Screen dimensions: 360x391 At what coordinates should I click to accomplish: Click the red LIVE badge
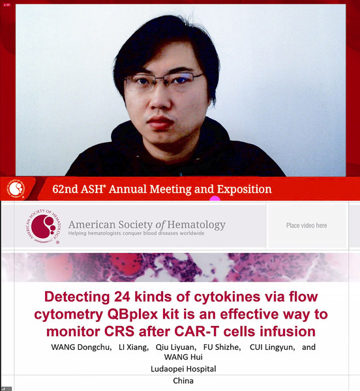7,5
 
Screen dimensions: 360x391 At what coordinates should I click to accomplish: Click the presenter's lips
160,123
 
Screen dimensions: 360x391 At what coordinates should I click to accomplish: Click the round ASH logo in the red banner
16,189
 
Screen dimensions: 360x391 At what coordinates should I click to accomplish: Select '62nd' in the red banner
65,189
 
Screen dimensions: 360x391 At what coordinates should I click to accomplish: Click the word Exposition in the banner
245,189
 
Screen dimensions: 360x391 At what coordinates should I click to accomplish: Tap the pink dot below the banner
215,199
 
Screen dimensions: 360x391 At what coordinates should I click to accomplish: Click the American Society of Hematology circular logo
44,226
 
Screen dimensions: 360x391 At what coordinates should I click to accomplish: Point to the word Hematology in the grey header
196,225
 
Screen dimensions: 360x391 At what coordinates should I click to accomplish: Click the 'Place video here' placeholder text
307,225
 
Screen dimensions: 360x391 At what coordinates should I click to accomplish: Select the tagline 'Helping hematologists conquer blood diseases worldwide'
136,233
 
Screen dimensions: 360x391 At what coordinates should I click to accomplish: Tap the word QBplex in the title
133,315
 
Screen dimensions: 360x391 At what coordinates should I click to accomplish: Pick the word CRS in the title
119,332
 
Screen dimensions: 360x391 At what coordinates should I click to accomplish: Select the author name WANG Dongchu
82,347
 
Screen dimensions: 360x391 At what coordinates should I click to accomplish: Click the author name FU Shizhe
222,347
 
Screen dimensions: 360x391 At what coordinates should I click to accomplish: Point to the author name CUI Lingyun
273,347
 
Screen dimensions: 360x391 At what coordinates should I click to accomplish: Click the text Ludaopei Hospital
183,369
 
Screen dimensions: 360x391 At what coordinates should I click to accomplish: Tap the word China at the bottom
183,381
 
